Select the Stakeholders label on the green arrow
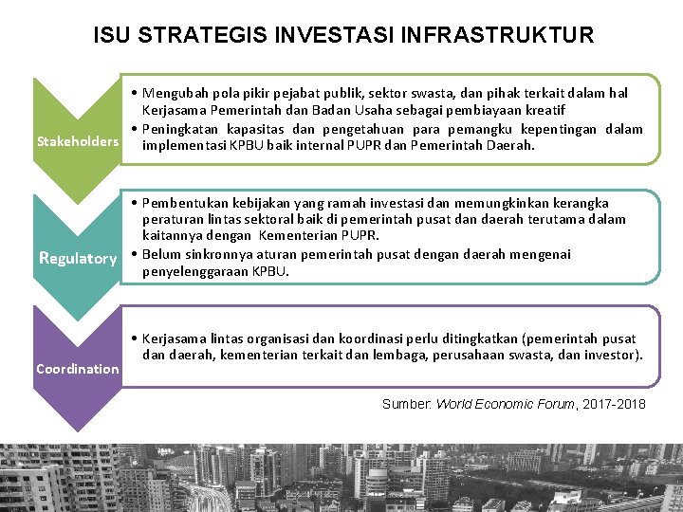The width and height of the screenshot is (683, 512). [x=78, y=142]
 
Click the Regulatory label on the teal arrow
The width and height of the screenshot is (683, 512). [x=77, y=258]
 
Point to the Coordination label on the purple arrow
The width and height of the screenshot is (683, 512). [x=78, y=368]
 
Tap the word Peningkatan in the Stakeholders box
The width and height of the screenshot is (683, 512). [x=182, y=129]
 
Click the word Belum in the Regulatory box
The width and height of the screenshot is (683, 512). [x=162, y=254]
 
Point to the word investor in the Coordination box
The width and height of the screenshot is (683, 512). [x=614, y=355]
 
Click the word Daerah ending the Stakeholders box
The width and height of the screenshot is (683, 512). [x=511, y=146]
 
